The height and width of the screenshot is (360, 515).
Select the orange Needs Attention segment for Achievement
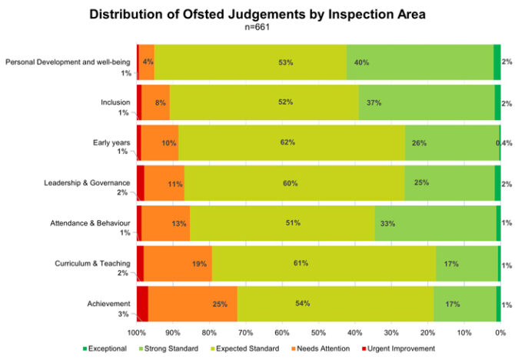pyautogui.click(x=192, y=304)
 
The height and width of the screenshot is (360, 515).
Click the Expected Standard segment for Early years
pyautogui.click(x=292, y=142)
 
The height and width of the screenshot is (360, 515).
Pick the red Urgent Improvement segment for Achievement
pyautogui.click(x=142, y=304)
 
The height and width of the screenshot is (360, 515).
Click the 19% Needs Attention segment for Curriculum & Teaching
pyautogui.click(x=178, y=264)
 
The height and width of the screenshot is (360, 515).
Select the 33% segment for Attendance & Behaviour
pyautogui.click(x=434, y=223)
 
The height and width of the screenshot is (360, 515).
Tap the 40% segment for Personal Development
pyautogui.click(x=419, y=62)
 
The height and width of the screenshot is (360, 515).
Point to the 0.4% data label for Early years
pyautogui.click(x=504, y=143)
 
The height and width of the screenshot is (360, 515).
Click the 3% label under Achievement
pyautogui.click(x=124, y=314)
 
